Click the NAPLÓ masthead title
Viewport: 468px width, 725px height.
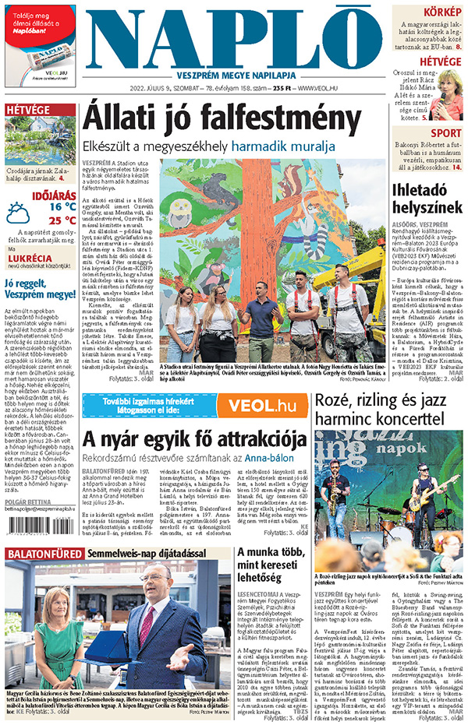click(234, 40)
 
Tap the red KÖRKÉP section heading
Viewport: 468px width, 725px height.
click(441, 12)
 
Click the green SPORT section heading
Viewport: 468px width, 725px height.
click(445, 133)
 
